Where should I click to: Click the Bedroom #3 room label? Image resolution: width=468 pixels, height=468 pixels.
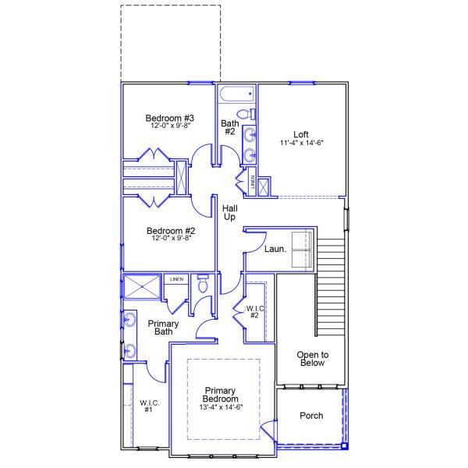168,118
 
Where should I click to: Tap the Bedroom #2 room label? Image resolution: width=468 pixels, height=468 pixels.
170,231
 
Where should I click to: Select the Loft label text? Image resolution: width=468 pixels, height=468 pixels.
300,134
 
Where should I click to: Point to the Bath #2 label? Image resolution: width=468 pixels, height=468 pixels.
229,127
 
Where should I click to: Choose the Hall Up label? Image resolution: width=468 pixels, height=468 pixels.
230,212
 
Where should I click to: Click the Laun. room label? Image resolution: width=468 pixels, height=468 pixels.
275,250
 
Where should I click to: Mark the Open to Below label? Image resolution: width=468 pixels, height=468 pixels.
312,359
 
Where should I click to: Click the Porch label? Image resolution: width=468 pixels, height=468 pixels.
311,416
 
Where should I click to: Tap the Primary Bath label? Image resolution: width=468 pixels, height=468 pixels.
163,328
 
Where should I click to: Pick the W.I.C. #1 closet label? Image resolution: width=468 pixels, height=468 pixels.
150,406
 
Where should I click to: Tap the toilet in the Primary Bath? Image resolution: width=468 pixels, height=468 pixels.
203,285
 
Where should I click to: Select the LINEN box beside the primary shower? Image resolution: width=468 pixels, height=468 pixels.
176,278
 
